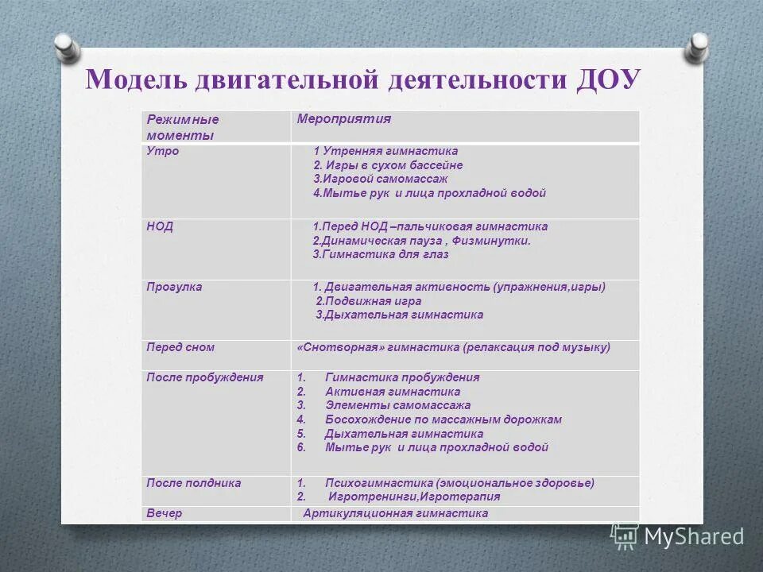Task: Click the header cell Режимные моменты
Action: [182, 127]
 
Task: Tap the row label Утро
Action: [162, 151]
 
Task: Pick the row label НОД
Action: [160, 226]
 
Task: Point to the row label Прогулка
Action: [174, 287]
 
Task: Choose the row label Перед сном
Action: [180, 347]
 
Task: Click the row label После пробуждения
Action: [204, 377]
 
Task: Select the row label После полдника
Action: [193, 482]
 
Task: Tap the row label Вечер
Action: [164, 513]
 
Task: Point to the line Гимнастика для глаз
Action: [381, 255]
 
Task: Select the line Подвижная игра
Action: [369, 301]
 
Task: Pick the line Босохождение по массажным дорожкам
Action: [443, 419]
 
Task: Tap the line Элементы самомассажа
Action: [397, 405]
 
